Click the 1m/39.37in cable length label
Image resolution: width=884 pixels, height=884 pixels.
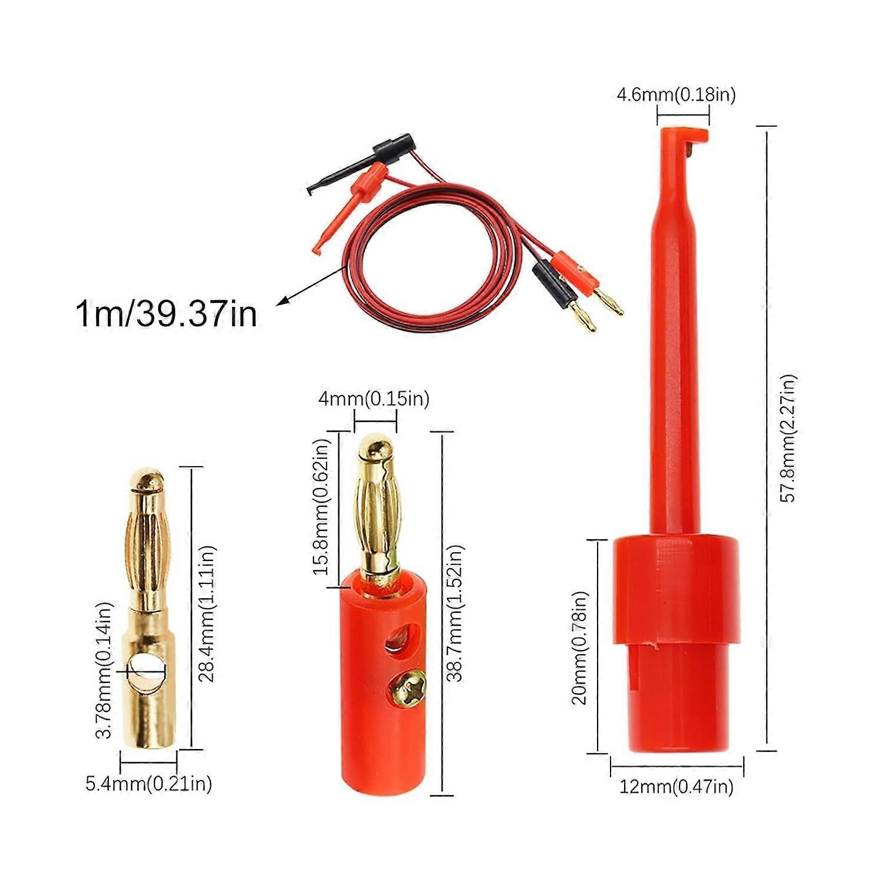pos(166,314)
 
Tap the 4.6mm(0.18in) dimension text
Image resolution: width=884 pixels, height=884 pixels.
pos(676,94)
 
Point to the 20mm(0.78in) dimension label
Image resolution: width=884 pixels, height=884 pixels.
pos(580,648)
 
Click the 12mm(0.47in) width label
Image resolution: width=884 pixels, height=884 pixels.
pos(676,786)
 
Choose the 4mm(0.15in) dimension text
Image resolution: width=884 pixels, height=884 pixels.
pos(374,399)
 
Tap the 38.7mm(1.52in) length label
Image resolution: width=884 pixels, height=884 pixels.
pos(454,613)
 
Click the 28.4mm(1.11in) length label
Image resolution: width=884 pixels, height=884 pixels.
pos(207,613)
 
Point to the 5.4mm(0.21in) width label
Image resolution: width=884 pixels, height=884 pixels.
pos(149,784)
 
